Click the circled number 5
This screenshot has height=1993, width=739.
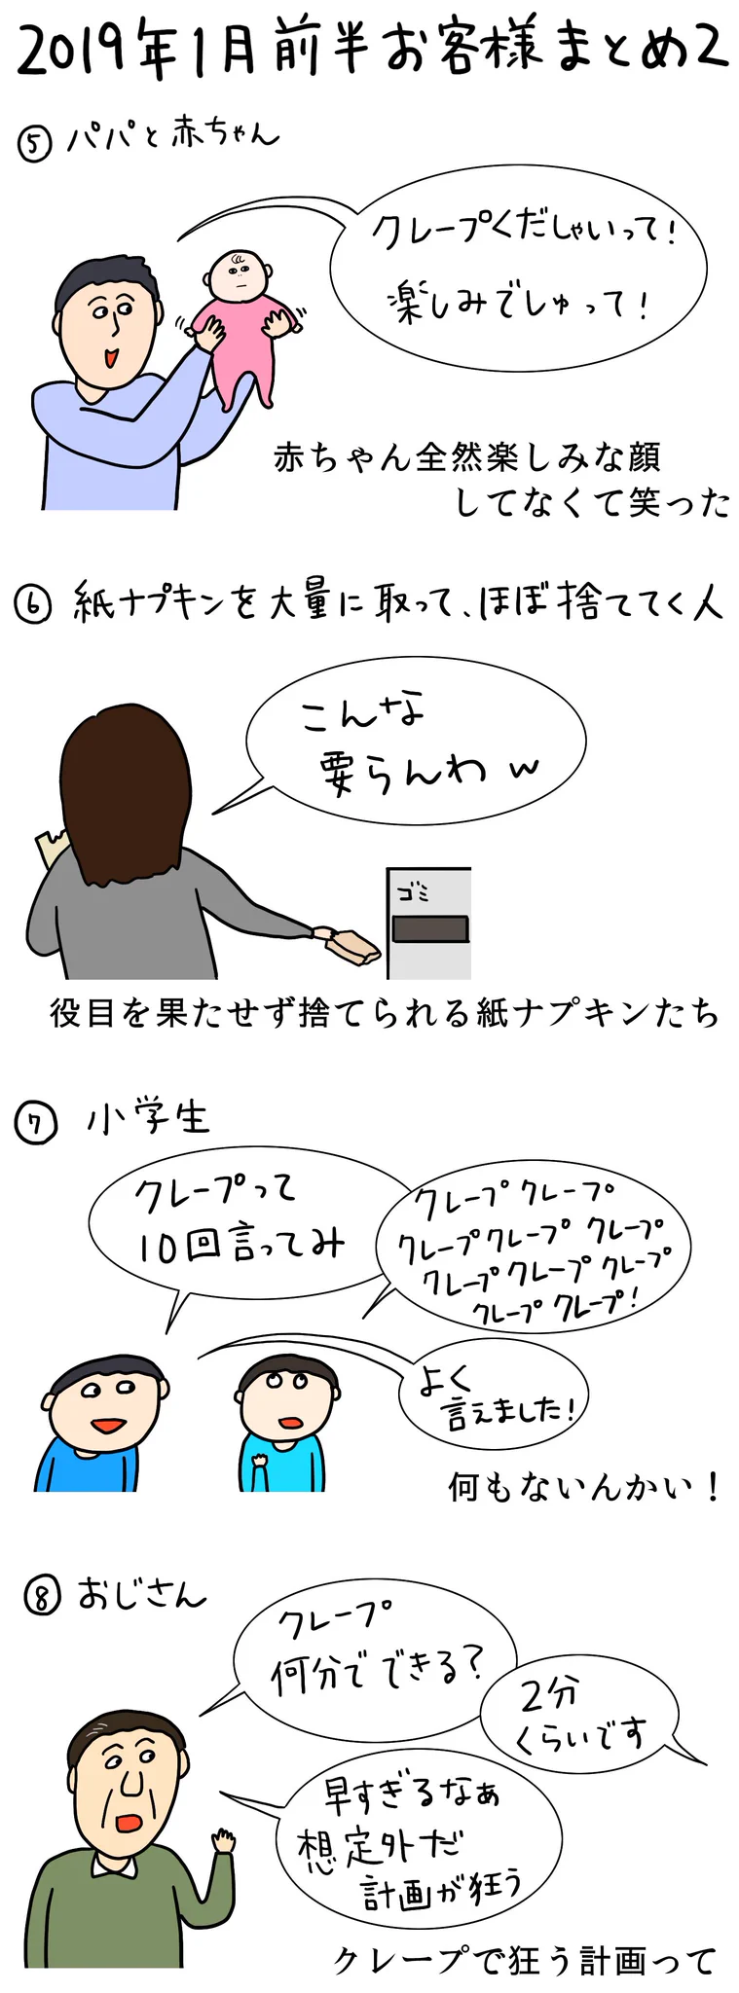[34, 146]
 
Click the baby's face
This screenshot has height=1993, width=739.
[237, 279]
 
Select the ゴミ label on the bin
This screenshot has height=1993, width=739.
[413, 891]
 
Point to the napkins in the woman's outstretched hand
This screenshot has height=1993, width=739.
[349, 945]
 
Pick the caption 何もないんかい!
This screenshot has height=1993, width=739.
[583, 1487]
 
